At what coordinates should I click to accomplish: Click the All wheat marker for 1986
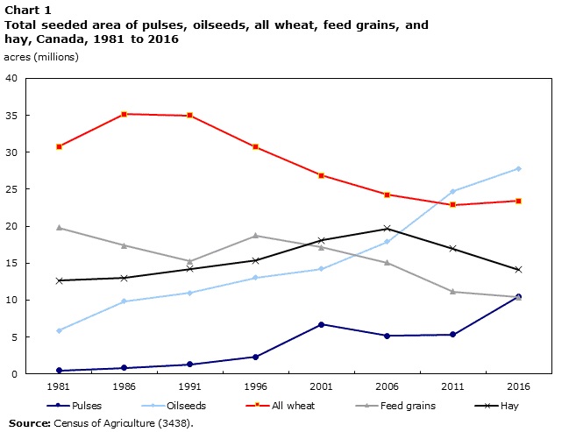pyautogui.click(x=124, y=114)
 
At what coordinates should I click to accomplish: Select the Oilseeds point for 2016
pyautogui.click(x=518, y=168)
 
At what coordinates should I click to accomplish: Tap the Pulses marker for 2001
pyautogui.click(x=322, y=324)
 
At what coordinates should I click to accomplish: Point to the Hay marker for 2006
pyautogui.click(x=387, y=229)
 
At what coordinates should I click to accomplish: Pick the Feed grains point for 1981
pyautogui.click(x=59, y=228)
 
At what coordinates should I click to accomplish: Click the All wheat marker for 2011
pyautogui.click(x=452, y=205)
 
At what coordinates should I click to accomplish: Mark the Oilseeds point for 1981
pyautogui.click(x=59, y=330)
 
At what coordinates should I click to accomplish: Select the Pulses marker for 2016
pyautogui.click(x=518, y=296)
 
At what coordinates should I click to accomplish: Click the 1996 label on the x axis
pyautogui.click(x=256, y=386)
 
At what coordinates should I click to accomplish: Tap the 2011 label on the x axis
pyautogui.click(x=452, y=386)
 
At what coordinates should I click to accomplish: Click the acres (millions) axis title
pyautogui.click(x=41, y=57)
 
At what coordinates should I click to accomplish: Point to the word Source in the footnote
pyautogui.click(x=29, y=423)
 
